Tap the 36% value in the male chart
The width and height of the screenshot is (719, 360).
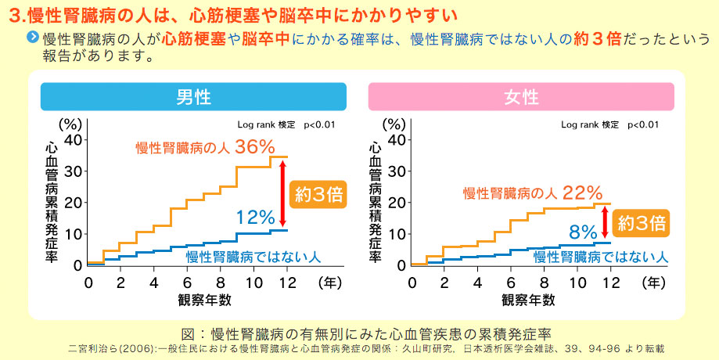coord(254,146)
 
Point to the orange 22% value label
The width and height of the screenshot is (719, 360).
coord(582,193)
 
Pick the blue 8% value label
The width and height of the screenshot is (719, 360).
coord(584,231)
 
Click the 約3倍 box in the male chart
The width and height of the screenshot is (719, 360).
coord(317,193)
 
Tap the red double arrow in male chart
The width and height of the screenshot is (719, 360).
coord(282,193)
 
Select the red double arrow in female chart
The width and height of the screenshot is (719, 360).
coord(606,221)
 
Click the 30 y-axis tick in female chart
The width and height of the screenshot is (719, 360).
coord(396,171)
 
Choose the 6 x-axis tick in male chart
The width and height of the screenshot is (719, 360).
coord(187,282)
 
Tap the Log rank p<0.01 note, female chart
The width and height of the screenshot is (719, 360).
coord(609,124)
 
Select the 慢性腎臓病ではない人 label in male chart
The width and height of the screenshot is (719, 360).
coord(253,256)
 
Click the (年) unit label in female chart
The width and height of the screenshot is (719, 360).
coord(656,282)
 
